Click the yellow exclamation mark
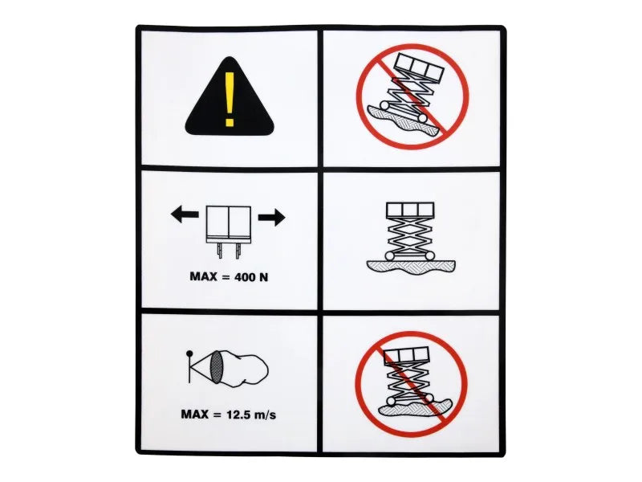point(230,100)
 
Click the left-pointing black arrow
point(185,214)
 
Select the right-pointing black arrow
point(271,217)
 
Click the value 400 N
point(251,277)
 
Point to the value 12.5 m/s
point(251,415)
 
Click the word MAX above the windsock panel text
point(195,414)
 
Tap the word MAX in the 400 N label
point(204,276)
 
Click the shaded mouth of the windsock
point(216,368)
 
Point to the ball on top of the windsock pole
point(189,353)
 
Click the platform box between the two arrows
point(229,223)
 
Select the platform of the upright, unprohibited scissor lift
point(410,210)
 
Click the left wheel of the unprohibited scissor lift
point(389,255)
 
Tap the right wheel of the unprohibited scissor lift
point(429,255)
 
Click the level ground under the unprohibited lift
point(411,267)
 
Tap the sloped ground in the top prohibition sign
point(406,123)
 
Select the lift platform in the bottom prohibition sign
point(407,354)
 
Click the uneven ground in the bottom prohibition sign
point(414,406)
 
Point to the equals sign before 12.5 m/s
point(217,415)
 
